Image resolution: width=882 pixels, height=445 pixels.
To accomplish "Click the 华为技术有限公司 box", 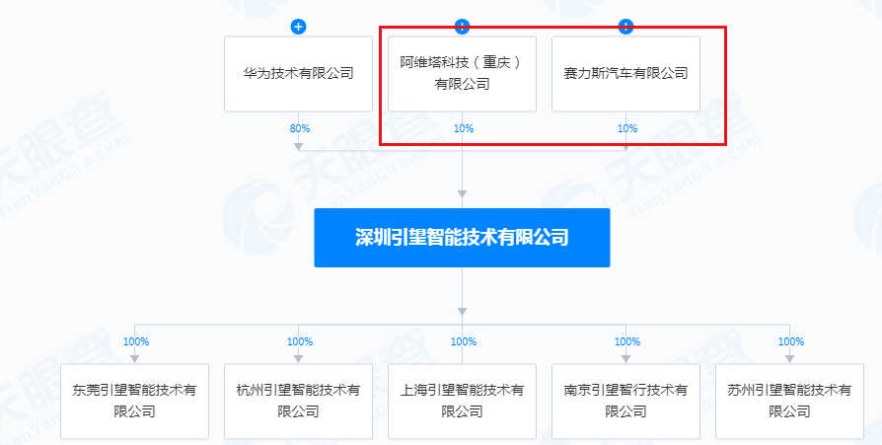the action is (298, 74).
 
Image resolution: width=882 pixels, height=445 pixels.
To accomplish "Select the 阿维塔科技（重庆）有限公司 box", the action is (462, 74).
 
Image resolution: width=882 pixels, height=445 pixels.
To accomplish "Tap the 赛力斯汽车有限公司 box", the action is (625, 74).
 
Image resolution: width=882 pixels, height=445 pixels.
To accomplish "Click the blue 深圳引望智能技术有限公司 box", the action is (462, 238).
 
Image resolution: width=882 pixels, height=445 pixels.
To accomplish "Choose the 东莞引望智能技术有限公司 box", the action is (134, 402).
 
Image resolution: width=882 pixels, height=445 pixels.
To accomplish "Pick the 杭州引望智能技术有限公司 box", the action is (298, 402).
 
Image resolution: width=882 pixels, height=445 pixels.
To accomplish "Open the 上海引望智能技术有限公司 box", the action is (462, 402).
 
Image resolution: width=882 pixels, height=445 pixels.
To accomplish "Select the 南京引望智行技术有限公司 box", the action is (625, 402).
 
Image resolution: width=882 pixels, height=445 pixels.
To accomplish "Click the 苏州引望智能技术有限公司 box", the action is (789, 402).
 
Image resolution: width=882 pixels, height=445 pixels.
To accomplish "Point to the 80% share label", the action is (300, 128).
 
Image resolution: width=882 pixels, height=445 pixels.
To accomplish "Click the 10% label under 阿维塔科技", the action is (464, 128).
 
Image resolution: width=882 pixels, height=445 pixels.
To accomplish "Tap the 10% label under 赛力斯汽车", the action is (627, 128).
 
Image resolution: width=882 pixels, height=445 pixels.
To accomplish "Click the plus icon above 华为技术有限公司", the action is (298, 27).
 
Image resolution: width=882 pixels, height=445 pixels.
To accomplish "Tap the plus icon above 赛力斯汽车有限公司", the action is (625, 27).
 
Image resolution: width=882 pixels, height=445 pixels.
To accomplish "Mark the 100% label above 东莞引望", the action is (136, 341).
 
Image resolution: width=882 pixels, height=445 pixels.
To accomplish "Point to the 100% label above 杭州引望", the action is (300, 341).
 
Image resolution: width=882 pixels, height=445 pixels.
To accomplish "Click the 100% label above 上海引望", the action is (464, 341).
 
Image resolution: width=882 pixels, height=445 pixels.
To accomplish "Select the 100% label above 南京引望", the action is (627, 341).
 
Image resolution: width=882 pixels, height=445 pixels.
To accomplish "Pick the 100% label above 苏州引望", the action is (791, 341).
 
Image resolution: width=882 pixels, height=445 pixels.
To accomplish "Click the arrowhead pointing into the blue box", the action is (462, 194).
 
